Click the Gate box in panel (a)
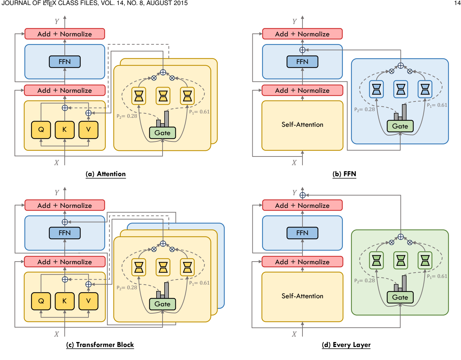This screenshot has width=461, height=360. (x=162, y=133)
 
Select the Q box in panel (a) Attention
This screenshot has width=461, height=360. (x=41, y=129)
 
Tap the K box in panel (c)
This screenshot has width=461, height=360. (x=64, y=301)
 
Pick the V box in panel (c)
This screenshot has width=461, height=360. (x=88, y=301)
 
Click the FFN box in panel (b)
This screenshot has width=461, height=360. (x=302, y=62)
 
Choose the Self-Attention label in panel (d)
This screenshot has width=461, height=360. (x=302, y=296)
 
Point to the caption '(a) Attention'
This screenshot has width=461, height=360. (x=105, y=174)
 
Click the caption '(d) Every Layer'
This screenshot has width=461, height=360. (x=346, y=345)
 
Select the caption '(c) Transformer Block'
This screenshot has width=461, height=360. (x=100, y=345)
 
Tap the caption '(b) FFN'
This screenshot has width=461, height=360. (x=344, y=174)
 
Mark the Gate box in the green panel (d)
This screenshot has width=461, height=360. (x=400, y=297)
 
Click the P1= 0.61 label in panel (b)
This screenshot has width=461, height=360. (x=437, y=105)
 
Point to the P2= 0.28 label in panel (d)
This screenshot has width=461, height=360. (x=365, y=281)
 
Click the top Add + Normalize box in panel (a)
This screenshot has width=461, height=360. (x=64, y=34)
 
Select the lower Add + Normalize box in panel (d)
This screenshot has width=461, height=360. (x=302, y=262)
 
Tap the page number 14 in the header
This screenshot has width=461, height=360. (x=457, y=3)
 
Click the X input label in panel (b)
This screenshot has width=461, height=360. (x=294, y=163)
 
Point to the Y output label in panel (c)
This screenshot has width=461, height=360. (x=57, y=193)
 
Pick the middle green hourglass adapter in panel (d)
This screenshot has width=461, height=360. (x=401, y=260)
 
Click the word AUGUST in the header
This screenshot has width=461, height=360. (x=159, y=3)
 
